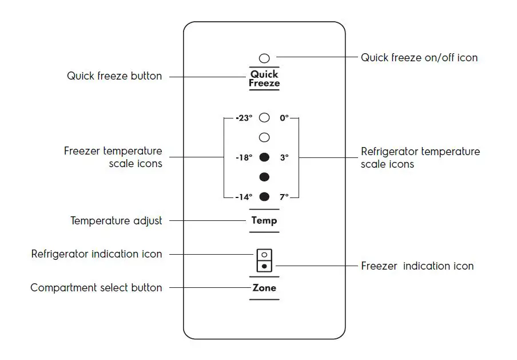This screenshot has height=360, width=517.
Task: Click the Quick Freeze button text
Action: click(x=264, y=78)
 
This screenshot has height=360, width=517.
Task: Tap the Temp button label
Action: click(x=264, y=220)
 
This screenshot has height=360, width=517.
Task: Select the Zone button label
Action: click(x=264, y=288)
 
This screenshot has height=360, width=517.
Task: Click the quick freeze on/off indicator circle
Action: click(x=264, y=58)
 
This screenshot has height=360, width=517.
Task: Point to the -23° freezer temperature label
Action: click(x=244, y=118)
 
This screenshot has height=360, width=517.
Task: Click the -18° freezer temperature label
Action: click(x=244, y=157)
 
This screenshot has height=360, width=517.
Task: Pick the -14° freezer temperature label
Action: click(x=244, y=197)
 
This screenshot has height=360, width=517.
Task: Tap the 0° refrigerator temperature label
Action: click(x=284, y=118)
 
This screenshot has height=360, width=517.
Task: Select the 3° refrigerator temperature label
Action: click(x=284, y=157)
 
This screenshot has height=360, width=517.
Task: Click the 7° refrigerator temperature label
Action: click(x=284, y=197)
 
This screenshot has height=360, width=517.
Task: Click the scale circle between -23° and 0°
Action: click(x=264, y=118)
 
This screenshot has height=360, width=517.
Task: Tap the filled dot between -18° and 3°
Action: click(x=264, y=157)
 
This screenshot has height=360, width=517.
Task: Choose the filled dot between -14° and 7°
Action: click(x=264, y=197)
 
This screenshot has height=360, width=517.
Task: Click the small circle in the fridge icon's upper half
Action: click(x=264, y=255)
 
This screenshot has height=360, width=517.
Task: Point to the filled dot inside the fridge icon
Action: click(x=264, y=266)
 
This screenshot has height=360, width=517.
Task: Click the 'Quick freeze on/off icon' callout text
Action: click(x=419, y=58)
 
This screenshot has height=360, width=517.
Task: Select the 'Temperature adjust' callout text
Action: click(x=116, y=220)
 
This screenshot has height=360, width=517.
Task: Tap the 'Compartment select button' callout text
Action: click(x=96, y=288)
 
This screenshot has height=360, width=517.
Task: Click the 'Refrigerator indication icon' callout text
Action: click(x=97, y=254)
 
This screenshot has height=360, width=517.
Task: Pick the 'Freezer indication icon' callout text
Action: click(x=417, y=266)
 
